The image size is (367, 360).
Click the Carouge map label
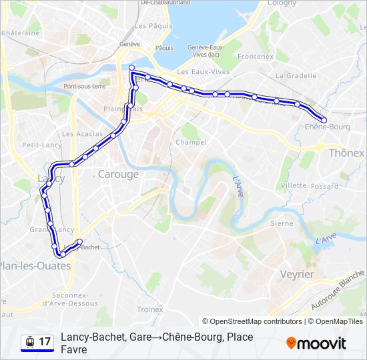pyautogui.click(x=118, y=174)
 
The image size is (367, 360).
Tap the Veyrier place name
pyautogui.click(x=297, y=274)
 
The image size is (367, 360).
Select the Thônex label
pyautogui.click(x=347, y=153)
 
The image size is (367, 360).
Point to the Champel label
pyautogui.click(x=191, y=142)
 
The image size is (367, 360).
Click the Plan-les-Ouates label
pyautogui.click(x=35, y=265)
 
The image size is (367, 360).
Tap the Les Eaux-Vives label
pyautogui.click(x=203, y=72)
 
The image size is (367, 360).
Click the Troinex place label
pyautogui.click(x=149, y=309)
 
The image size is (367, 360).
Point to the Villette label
pyautogui.click(x=294, y=185)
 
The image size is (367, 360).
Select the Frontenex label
pyautogui.click(x=255, y=57)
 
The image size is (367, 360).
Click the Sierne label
pyautogui.click(x=282, y=223)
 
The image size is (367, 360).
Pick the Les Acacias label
pyautogui.click(x=77, y=133)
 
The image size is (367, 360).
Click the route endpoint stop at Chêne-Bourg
pyautogui.click(x=324, y=120)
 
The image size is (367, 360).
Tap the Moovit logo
pyautogui.click(x=316, y=343)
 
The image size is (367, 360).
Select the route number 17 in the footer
pyautogui.click(x=45, y=342)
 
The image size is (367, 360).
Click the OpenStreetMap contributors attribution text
pyautogui.click(x=252, y=321)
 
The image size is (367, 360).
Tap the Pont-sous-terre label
pyautogui.click(x=85, y=86)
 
